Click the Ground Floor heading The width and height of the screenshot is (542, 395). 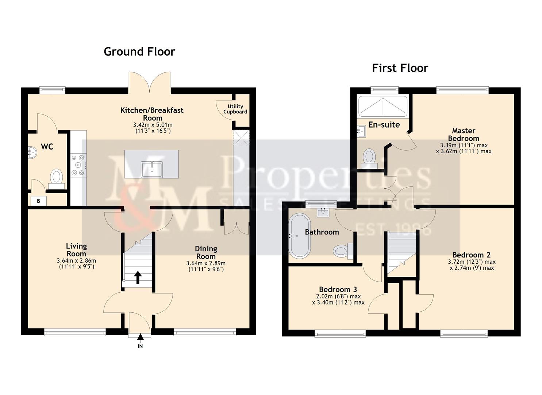pos(139,52)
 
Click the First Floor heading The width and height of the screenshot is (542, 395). pos(400,68)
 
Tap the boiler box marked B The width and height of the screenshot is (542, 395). pos(38,200)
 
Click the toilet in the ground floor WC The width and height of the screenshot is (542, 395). pos(56,177)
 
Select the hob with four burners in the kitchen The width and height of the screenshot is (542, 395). pos(78,165)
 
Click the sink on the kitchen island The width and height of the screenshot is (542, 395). pos(152,169)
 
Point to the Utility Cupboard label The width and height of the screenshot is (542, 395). pos(235,109)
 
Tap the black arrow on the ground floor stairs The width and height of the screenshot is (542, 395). pos(138,277)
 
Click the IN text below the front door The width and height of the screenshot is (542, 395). pos(140,346)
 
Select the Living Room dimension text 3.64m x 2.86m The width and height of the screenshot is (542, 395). pos(76,261)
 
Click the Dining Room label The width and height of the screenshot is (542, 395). pos(206,252)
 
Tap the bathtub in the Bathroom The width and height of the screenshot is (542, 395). pos(300,236)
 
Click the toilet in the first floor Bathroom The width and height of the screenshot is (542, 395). pos(341,251)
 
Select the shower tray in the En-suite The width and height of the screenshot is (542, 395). pos(383,105)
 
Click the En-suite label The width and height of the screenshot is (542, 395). pos(384,125)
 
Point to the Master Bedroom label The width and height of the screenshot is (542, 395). pos(464,134)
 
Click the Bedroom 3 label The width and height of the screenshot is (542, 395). pos(338,289)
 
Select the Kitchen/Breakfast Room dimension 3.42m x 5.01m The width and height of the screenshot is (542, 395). pos(153,125)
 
